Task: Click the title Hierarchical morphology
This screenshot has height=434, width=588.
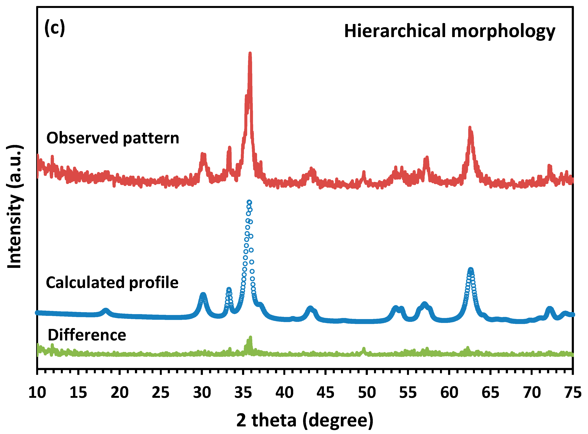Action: coord(450,31)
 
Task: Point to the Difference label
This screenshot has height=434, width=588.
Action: coord(87,335)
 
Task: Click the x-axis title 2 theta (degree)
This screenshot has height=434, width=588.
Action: coord(304,420)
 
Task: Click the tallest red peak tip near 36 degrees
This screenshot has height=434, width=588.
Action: coord(250,53)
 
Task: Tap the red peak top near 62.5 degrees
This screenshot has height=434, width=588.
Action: coord(470,128)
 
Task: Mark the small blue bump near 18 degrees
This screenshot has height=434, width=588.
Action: coord(105,311)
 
